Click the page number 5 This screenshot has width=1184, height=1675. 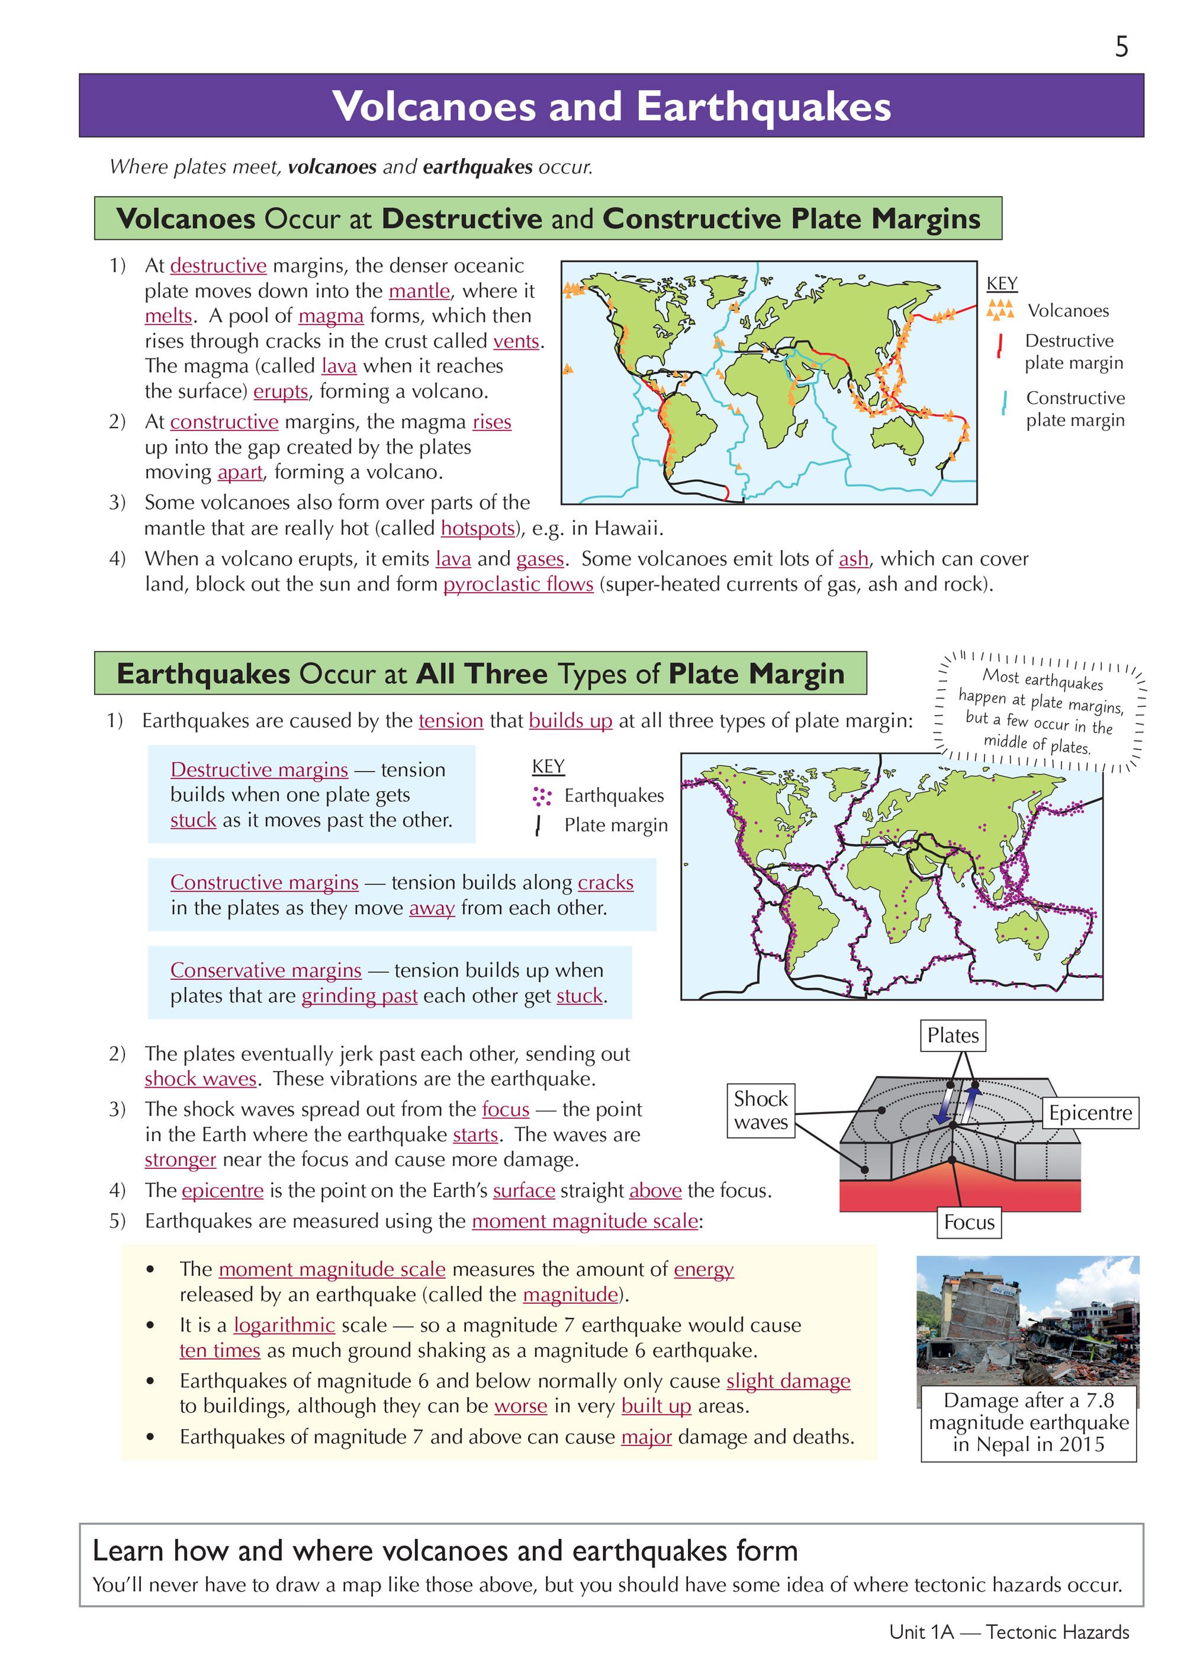coord(1121,47)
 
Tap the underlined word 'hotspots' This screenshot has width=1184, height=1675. coord(478,528)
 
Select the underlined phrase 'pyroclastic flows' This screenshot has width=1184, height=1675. coord(518,584)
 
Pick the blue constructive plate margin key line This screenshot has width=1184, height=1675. coord(1005,403)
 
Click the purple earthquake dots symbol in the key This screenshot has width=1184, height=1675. coord(541,796)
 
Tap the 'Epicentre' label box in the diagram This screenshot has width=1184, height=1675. coord(1090,1113)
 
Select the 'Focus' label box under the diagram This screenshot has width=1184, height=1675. coord(968,1222)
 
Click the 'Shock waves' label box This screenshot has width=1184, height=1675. coord(760,1110)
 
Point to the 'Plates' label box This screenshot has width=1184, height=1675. coord(952,1035)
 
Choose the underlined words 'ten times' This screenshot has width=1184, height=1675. coord(220,1351)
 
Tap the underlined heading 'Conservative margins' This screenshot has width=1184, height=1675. coord(266,970)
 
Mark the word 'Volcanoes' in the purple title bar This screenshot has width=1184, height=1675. coord(434,107)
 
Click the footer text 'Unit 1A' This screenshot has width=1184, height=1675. coord(921,1632)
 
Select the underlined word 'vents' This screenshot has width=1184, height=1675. coord(516,342)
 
